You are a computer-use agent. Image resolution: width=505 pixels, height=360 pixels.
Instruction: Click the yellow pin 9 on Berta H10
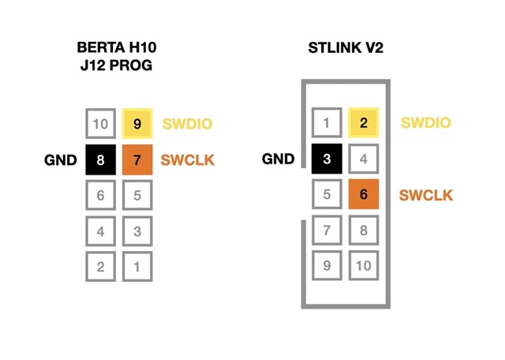pos(137,124)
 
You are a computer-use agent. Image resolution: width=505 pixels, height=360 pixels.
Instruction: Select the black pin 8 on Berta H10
pos(100,159)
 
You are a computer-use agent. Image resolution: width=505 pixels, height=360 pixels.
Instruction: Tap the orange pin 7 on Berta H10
pos(137,159)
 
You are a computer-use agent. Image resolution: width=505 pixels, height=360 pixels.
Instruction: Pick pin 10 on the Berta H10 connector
pos(100,124)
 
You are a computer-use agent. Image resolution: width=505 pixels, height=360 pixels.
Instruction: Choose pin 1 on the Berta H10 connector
pos(137,267)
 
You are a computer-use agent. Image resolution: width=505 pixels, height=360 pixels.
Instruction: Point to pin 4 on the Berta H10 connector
pos(100,231)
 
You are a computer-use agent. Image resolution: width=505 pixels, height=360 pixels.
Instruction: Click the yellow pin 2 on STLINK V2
pos(364,122)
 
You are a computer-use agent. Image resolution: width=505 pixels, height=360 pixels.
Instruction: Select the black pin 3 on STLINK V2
pos(327,159)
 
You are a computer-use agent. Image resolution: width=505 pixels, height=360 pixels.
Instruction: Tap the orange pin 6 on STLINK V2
pos(364,194)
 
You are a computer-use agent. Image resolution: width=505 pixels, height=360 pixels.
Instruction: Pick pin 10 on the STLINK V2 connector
pos(364,265)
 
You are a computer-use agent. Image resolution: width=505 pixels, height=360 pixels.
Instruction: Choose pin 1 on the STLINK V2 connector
pos(327,122)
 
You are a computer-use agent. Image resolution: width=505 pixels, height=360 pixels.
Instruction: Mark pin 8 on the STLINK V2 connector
pos(364,230)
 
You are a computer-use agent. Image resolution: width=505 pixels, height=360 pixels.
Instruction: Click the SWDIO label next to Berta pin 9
pos(188,124)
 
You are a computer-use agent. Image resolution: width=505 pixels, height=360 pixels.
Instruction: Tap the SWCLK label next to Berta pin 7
pos(188,160)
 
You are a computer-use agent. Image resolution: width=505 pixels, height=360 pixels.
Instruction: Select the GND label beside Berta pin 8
pos(61,160)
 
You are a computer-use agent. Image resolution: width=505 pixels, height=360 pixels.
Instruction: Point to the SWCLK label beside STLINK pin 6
pos(426,195)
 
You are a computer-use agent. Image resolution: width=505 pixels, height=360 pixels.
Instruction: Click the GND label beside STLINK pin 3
pos(279,159)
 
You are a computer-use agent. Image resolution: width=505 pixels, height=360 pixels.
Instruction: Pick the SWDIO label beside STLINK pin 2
pos(426,123)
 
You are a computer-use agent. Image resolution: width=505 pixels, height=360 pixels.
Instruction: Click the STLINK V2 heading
pos(346,47)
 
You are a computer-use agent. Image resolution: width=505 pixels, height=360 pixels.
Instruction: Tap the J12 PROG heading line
pos(116,66)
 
